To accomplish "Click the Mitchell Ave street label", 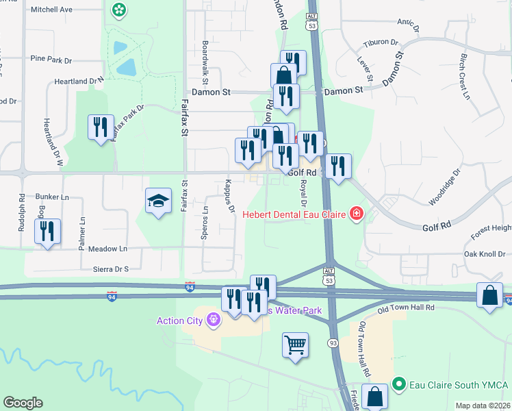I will tap(51, 10).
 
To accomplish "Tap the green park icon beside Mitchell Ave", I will tap(119, 10).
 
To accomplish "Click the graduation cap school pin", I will tap(158, 201).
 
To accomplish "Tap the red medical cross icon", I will tap(355, 214).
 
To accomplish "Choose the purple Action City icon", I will tap(214, 319).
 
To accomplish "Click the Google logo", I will tap(23, 403).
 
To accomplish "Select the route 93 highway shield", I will tap(333, 341).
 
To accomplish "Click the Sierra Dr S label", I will tap(106, 269).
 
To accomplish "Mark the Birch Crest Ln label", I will tap(465, 76).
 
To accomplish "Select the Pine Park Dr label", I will tap(51, 60).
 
